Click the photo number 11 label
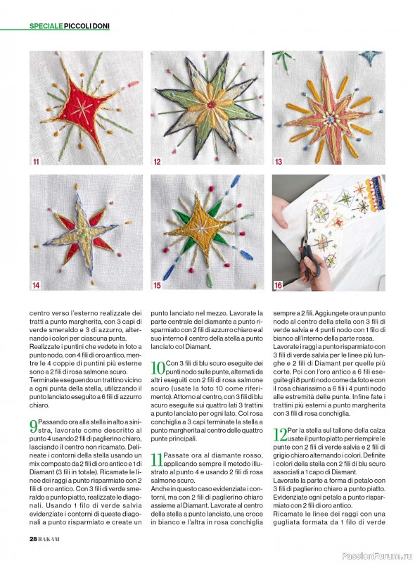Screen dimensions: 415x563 click(x=36, y=162)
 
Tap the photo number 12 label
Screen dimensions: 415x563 click(x=157, y=162)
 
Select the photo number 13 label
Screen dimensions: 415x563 click(x=279, y=162)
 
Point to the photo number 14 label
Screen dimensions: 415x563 click(x=36, y=286)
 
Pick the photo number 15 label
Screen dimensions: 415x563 click(x=157, y=286)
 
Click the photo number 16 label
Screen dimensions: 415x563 click(x=279, y=286)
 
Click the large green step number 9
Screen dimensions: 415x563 click(x=33, y=426)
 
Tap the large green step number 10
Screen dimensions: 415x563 click(x=158, y=368)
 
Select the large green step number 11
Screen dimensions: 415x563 click(x=157, y=460)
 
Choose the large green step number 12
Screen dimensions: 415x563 click(x=280, y=434)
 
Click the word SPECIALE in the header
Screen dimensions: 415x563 click(x=46, y=26)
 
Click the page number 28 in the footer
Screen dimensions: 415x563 click(x=33, y=539)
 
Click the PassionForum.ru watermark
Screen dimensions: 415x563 click(x=377, y=556)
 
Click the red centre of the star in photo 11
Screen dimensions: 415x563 click(x=82, y=108)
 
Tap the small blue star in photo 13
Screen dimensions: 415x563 click(x=371, y=57)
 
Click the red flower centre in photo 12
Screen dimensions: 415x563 click(x=211, y=105)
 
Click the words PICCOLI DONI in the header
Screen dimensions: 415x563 click(x=87, y=26)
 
